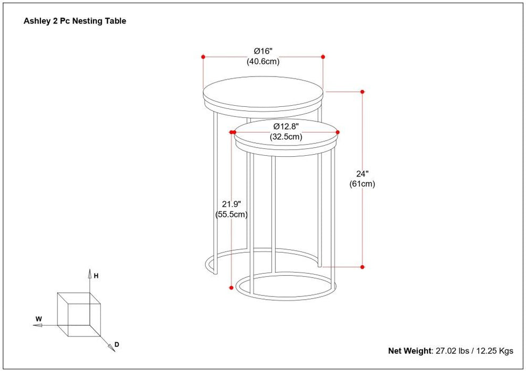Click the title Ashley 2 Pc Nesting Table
pos(75,22)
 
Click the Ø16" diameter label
pos(263,52)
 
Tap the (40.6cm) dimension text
pos(263,62)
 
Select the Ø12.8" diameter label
pos(286,126)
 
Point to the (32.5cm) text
pos(286,137)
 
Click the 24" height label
pos(362,174)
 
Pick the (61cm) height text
pos(362,184)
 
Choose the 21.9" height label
pos(232,204)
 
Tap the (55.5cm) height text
pos(232,215)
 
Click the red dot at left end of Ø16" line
pos(203,56)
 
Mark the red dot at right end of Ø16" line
pos(323,56)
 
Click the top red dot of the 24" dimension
pos(362,92)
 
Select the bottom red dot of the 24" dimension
pos(362,266)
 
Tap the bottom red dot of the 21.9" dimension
pos(231,288)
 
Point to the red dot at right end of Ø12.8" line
pos(338,132)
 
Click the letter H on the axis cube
pos(96,276)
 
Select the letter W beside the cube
pos(38,319)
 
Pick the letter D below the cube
pos(117,345)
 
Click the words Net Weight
pos(409,351)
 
